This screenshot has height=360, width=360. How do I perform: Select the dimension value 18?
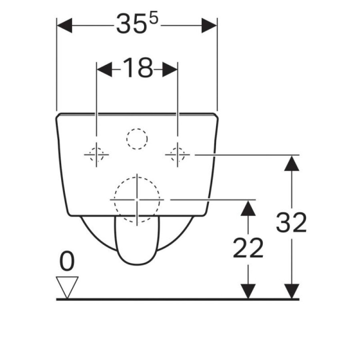(x=138, y=68)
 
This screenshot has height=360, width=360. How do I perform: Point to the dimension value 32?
(x=291, y=222)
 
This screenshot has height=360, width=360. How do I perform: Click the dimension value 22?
(x=248, y=248)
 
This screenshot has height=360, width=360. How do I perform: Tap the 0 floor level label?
(x=67, y=261)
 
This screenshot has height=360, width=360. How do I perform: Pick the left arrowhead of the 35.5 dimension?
(x=64, y=25)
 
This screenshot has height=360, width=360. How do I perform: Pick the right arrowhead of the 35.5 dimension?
(x=209, y=25)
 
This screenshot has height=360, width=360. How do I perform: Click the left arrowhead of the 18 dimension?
(x=104, y=69)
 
